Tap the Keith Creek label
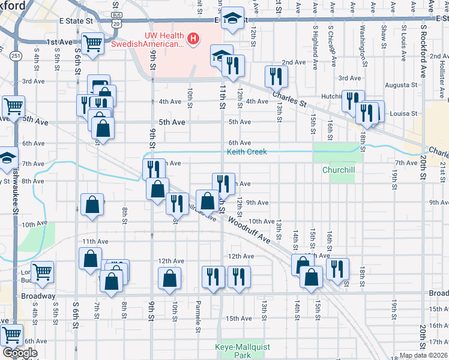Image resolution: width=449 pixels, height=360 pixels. point(247,152)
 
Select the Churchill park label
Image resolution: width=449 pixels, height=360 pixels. point(339,170)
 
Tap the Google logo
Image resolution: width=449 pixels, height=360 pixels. point(20,353)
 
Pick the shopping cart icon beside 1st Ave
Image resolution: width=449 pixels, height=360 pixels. point(92,44)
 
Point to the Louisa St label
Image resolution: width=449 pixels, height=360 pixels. point(403,113)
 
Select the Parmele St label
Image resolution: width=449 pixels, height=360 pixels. point(197,317)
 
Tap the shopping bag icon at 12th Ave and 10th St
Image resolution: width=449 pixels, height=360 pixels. point(170,278)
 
